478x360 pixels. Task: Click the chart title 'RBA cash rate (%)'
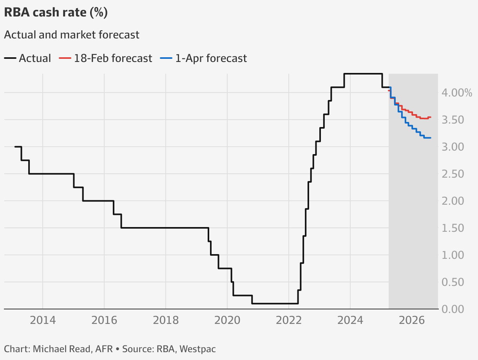click(56, 13)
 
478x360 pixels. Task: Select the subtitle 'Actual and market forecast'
click(71, 35)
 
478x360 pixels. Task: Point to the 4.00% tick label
click(457, 93)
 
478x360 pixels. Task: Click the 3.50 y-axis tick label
click(453, 120)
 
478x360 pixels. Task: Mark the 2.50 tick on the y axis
click(453, 174)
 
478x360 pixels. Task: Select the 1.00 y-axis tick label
click(453, 255)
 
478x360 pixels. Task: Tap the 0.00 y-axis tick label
click(453, 309)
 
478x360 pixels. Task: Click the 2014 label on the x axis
click(43, 320)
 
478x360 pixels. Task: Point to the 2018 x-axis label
click(166, 320)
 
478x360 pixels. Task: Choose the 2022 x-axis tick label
click(289, 320)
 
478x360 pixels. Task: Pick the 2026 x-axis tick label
click(412, 320)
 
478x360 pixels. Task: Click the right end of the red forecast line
click(431, 117)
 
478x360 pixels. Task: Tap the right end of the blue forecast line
click(431, 138)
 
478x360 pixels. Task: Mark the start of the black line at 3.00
click(15, 147)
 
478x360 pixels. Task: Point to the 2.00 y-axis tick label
click(453, 201)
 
